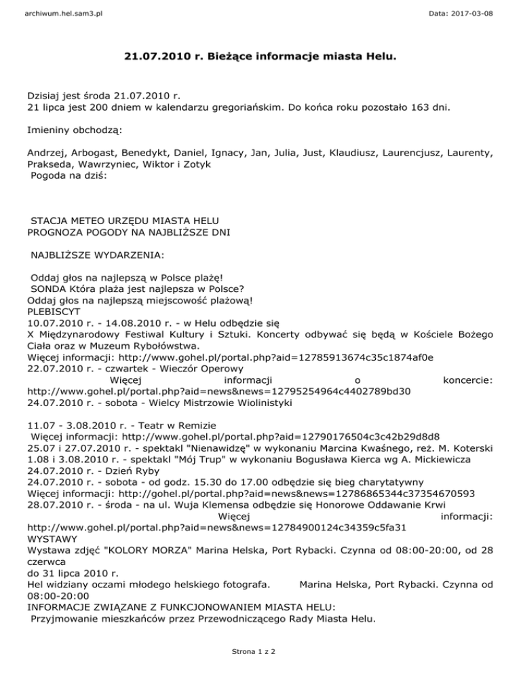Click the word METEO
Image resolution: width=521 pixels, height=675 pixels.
click(x=90, y=221)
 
